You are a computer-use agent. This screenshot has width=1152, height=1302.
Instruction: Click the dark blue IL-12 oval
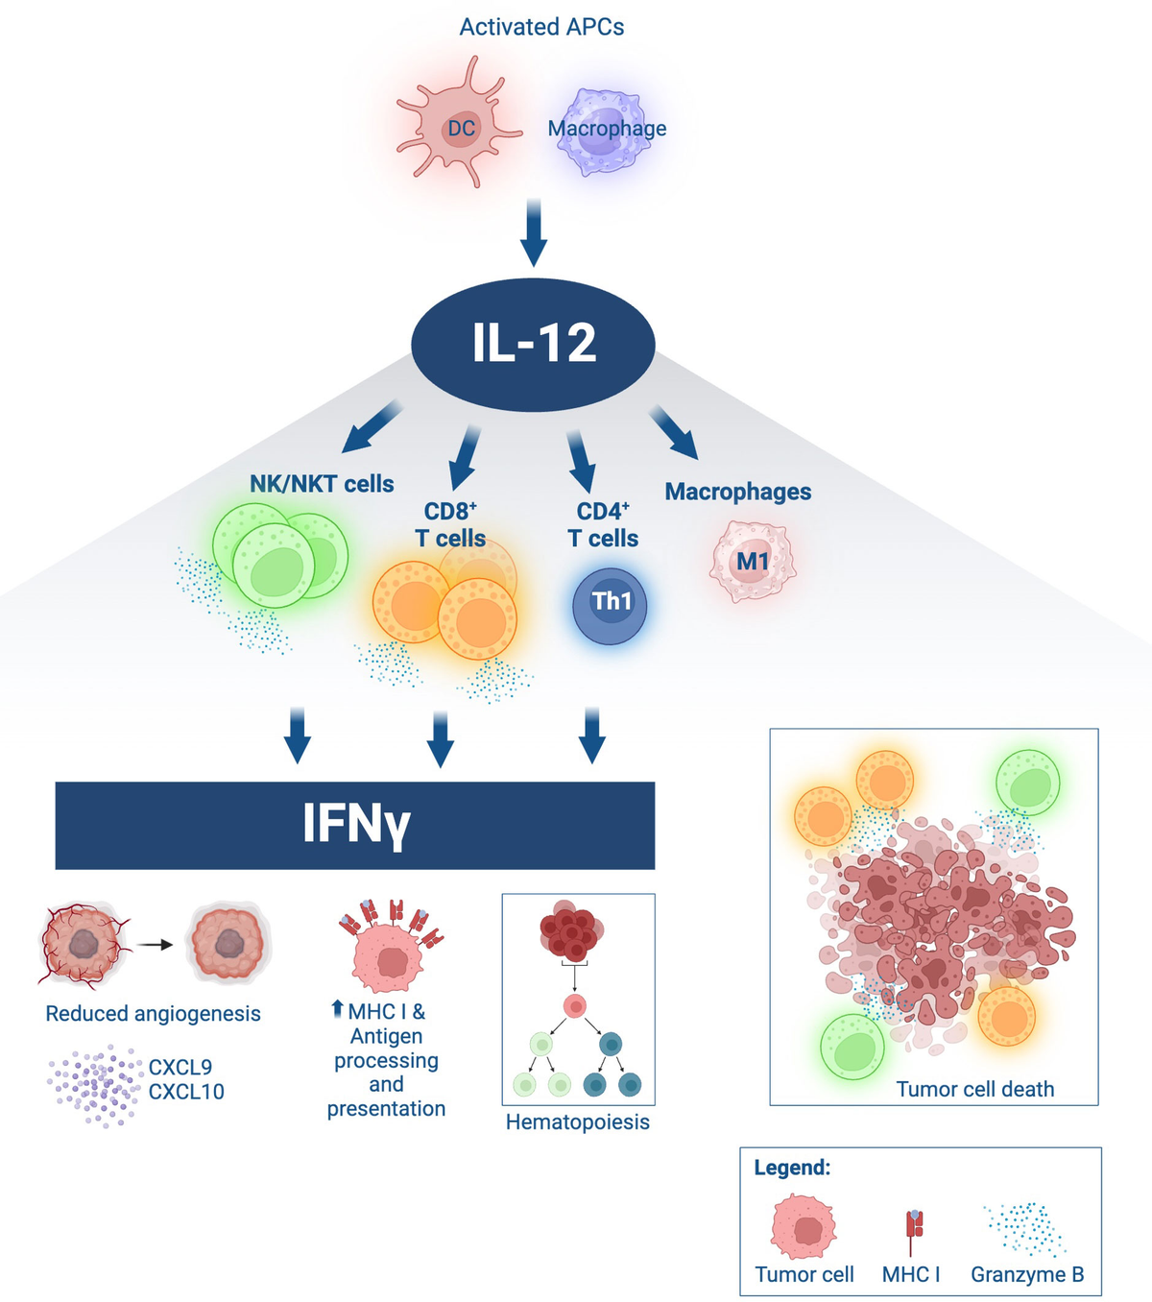click(533, 344)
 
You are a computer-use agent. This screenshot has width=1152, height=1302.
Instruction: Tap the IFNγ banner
click(355, 825)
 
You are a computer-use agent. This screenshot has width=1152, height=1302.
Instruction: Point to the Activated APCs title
click(541, 27)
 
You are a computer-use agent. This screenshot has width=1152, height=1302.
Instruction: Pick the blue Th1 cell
click(610, 604)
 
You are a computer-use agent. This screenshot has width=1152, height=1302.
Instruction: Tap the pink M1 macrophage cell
click(753, 562)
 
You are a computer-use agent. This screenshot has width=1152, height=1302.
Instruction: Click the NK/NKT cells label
click(322, 484)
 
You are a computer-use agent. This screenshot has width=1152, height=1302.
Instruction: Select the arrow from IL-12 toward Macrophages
click(675, 431)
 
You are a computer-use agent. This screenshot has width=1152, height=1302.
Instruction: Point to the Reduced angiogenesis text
click(153, 1014)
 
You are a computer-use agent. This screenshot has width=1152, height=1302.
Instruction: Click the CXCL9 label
click(180, 1067)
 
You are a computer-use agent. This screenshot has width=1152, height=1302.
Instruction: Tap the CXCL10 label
click(186, 1092)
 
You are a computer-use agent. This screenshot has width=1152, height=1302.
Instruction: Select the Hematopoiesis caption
click(577, 1122)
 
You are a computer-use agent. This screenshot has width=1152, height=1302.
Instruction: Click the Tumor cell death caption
click(974, 1089)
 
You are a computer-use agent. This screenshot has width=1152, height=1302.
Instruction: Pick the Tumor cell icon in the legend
click(804, 1226)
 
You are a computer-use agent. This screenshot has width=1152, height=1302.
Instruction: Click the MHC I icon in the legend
click(914, 1228)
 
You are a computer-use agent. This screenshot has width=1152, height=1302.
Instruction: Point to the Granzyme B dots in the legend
click(1025, 1229)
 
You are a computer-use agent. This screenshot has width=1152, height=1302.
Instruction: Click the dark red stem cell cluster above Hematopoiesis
click(573, 929)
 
